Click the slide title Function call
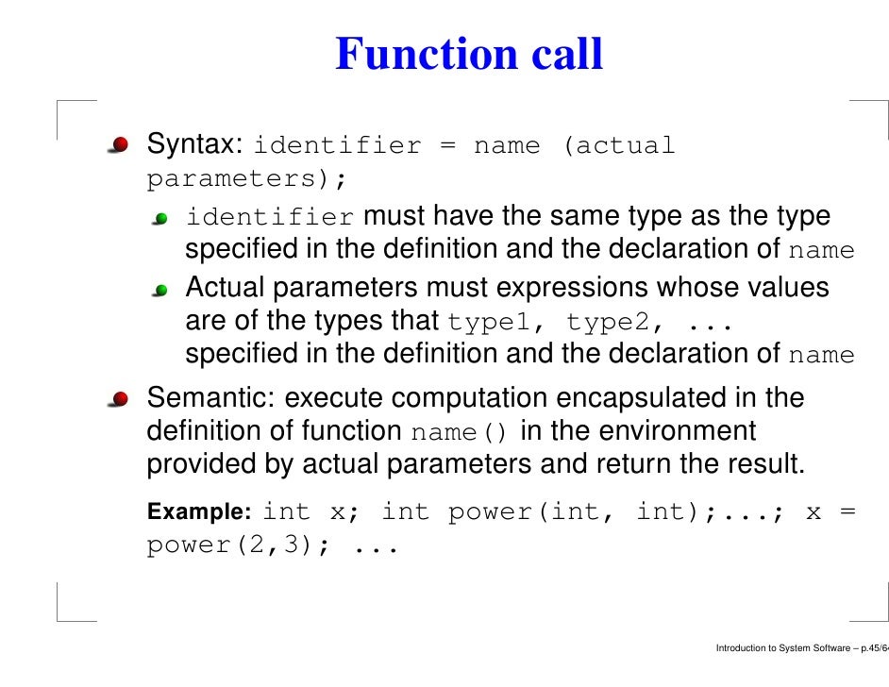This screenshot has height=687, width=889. tap(469, 55)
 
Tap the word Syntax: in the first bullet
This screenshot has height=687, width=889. tap(195, 145)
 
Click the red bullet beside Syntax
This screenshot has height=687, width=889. tap(119, 146)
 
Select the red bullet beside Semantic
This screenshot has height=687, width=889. tap(119, 399)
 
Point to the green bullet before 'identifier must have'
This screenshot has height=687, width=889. tap(161, 219)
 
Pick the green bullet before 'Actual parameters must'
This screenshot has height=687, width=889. tap(161, 289)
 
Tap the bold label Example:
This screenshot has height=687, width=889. tap(198, 512)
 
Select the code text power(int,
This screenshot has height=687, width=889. tap(529, 512)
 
